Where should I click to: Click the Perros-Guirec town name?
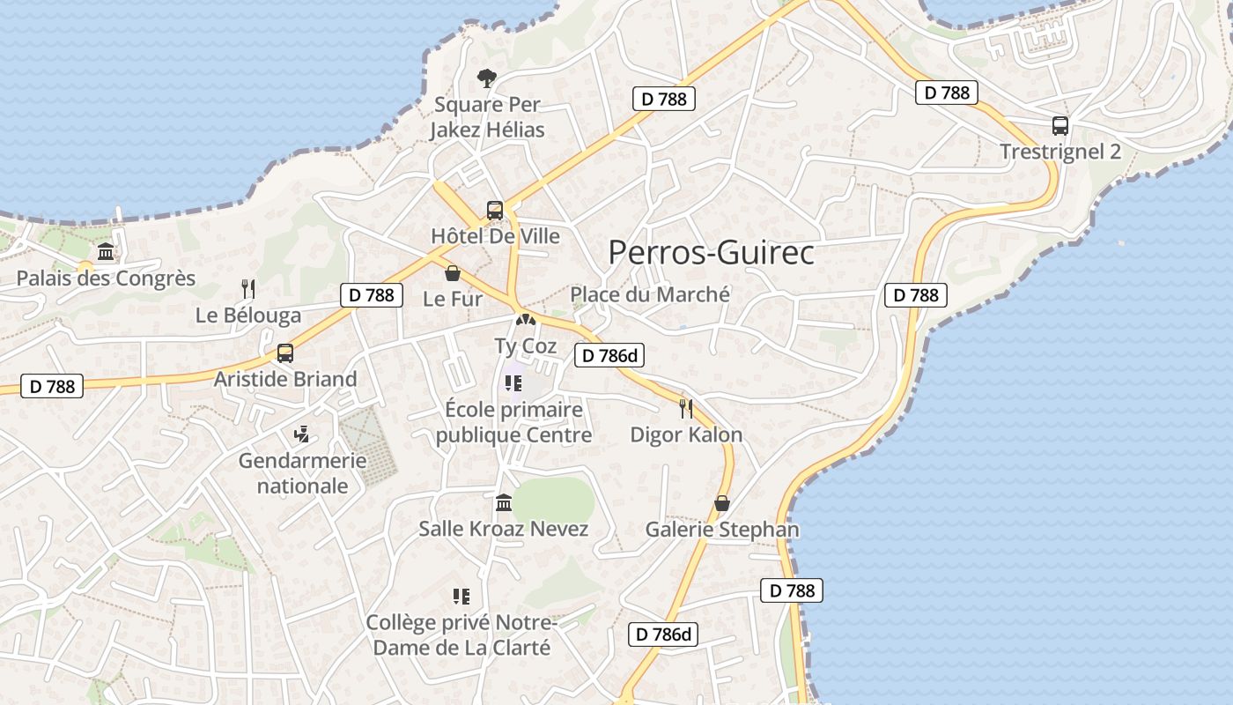(711, 253)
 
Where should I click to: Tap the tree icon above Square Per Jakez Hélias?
(486, 79)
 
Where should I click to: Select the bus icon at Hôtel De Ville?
(495, 211)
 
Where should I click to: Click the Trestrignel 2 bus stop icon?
(1060, 126)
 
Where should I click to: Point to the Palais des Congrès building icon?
(106, 253)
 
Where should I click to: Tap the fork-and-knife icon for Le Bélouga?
(248, 288)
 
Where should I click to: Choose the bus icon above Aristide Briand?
(284, 353)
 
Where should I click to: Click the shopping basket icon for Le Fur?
(453, 273)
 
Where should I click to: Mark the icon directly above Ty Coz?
(526, 321)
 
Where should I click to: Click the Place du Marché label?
(650, 294)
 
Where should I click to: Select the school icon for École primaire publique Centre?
(513, 384)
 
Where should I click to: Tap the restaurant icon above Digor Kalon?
(686, 408)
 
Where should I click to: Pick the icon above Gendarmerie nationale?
(302, 434)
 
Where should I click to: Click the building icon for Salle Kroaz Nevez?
(504, 503)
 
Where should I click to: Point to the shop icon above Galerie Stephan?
(722, 503)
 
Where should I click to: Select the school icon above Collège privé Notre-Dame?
(461, 597)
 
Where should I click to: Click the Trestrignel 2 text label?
(1060, 152)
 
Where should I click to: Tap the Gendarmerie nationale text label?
(302, 473)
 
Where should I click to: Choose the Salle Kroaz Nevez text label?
(503, 529)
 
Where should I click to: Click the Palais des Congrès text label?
(106, 278)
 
